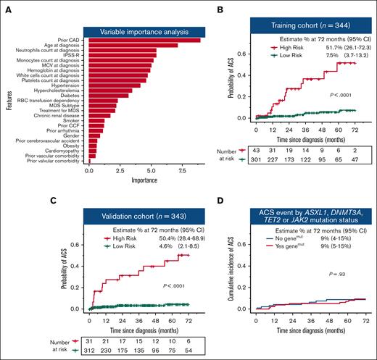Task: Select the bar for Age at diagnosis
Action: click(133, 46)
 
